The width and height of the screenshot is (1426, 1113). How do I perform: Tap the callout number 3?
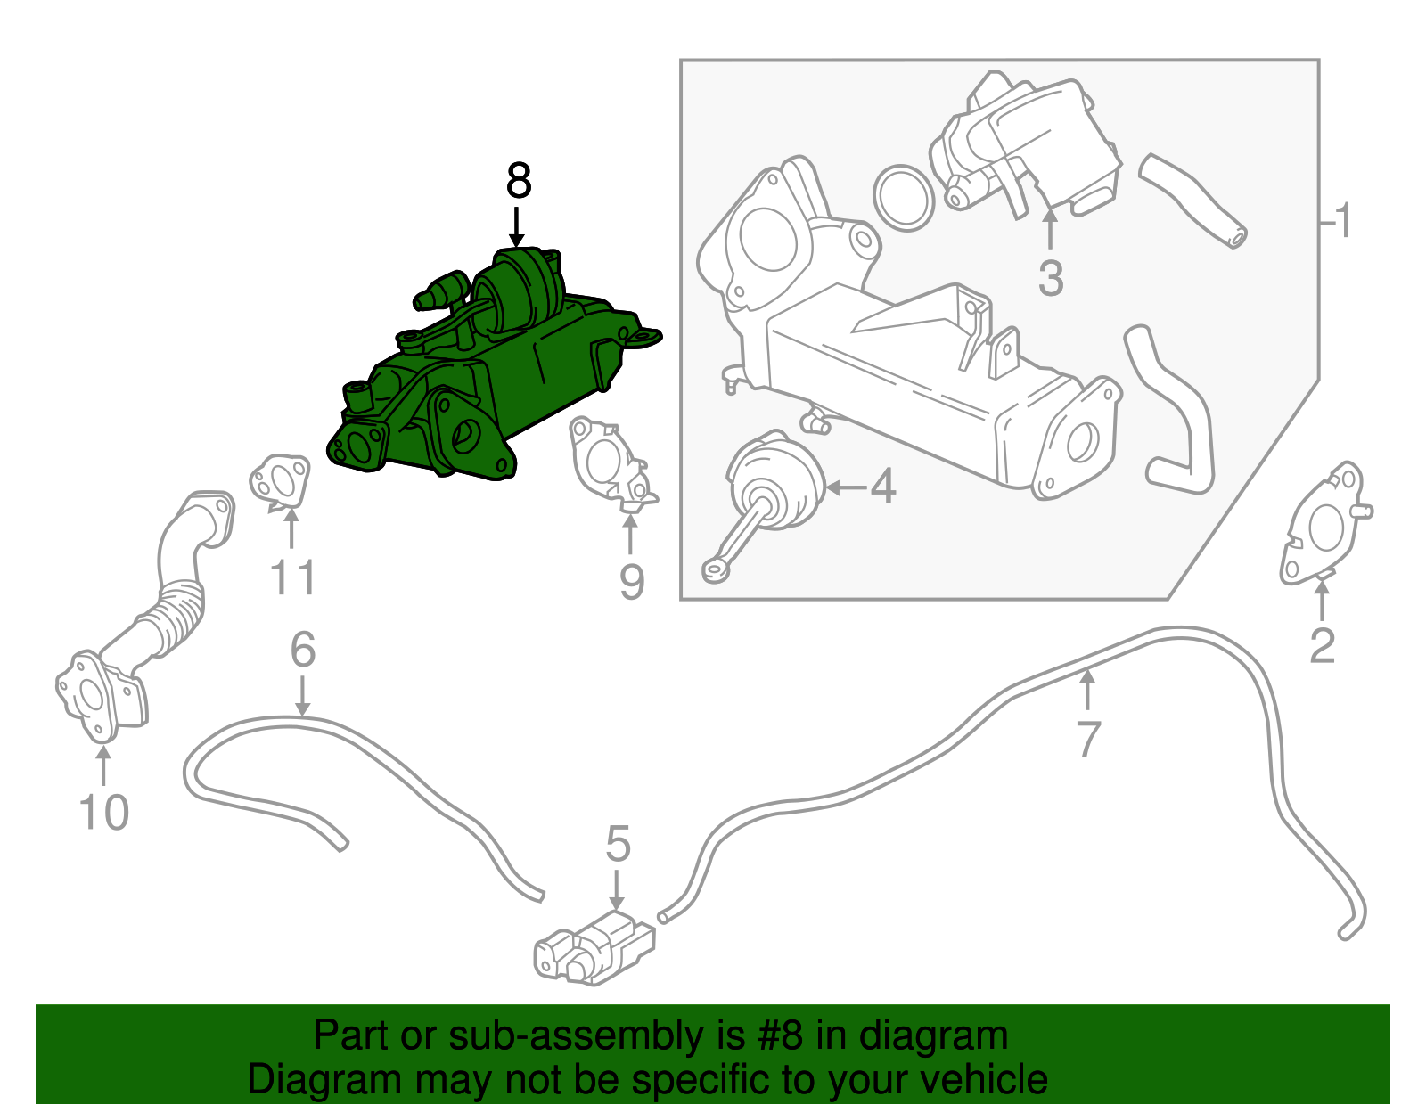[x=1051, y=278]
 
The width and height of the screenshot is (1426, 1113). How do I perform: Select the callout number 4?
[x=882, y=487]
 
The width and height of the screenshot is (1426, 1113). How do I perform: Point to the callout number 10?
[x=103, y=813]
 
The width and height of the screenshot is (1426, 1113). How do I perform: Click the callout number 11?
[x=293, y=577]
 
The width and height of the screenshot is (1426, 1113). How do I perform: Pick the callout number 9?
[x=632, y=582]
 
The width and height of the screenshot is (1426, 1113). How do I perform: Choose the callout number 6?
[x=303, y=649]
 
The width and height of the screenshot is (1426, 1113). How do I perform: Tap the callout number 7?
[x=1088, y=739]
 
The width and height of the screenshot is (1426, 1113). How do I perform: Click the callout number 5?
[x=618, y=844]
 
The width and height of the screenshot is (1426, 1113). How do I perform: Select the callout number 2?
[x=1323, y=646]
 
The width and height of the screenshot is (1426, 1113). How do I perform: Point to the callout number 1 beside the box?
[x=1343, y=220]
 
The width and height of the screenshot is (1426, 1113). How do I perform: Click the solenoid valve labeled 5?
[x=594, y=950]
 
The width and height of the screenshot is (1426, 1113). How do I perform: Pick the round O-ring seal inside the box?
[x=905, y=198]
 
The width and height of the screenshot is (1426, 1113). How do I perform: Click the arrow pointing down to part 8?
[x=516, y=227]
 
